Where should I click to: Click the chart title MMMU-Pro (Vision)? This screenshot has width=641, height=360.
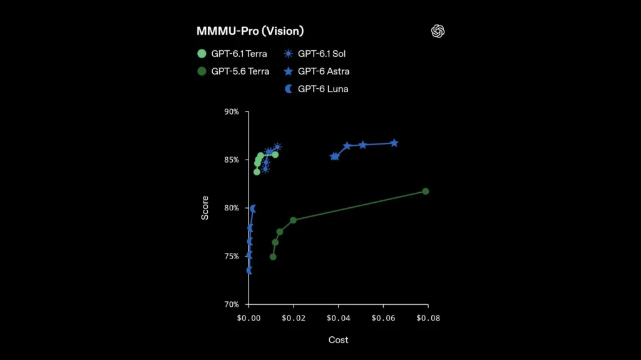coord(250,31)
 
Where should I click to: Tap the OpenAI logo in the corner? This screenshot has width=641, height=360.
coord(438,31)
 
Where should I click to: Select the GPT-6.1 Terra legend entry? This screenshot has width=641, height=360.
coord(232,54)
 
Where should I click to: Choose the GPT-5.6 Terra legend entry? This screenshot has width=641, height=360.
coord(233,71)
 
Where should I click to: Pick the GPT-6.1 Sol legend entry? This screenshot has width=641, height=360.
coord(314,54)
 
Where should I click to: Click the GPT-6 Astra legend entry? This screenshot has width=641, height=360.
coord(316,71)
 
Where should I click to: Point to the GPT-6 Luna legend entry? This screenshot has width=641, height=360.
coord(316,89)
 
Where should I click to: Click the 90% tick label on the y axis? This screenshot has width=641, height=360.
coord(232,111)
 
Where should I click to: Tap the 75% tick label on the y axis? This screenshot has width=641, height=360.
coord(232,256)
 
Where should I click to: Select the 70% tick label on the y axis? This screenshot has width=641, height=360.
coord(232,304)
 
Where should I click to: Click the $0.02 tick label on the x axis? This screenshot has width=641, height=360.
coord(294,318)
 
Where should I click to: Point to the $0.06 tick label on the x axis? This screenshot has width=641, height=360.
coord(383,318)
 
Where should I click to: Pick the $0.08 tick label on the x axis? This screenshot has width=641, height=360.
coord(428,318)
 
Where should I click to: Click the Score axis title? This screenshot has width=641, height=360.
coord(205,208)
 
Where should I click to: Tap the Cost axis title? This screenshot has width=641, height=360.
coord(338,340)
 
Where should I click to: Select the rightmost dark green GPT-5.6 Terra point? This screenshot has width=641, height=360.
coord(426,192)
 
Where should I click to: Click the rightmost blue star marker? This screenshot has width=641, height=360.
coord(394,143)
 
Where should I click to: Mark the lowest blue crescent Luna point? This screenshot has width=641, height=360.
coord(249,270)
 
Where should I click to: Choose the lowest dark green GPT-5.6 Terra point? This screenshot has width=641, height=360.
coord(273,257)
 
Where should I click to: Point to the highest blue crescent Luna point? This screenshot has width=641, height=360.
coord(253,208)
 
